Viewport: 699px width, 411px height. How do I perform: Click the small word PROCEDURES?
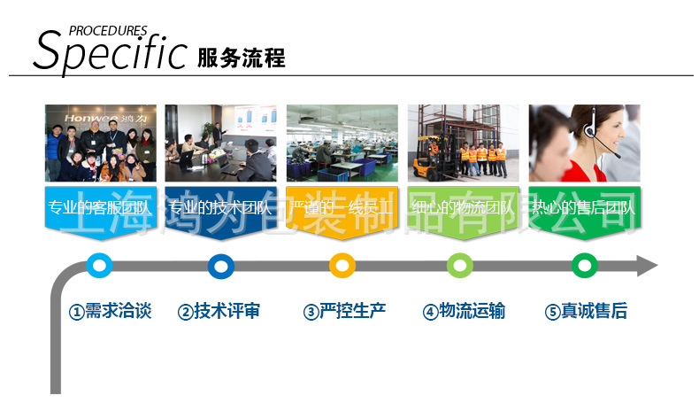(108, 30)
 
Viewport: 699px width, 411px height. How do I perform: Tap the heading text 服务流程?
(242, 58)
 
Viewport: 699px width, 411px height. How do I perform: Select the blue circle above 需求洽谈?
(100, 266)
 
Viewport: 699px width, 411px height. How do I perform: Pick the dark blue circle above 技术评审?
(220, 266)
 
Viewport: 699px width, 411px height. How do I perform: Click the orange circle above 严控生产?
(342, 266)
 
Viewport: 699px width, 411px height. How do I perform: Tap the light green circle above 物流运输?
(461, 266)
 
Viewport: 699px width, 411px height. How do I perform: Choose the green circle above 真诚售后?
(584, 266)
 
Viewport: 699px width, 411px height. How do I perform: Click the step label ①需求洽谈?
(111, 312)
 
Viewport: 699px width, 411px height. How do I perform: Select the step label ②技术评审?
(219, 312)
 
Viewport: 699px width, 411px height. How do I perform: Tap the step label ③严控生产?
(344, 312)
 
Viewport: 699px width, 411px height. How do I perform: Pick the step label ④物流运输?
(464, 312)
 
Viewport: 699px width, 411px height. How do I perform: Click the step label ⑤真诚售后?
(586, 312)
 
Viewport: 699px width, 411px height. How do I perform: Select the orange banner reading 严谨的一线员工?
(342, 211)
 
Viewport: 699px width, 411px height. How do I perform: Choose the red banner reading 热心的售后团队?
(583, 211)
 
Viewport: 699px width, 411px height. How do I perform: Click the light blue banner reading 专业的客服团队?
(100, 211)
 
